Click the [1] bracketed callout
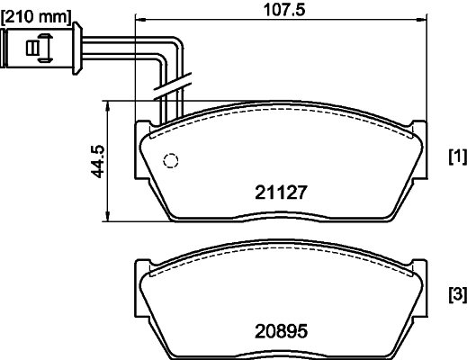(457, 157)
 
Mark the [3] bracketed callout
(457, 294)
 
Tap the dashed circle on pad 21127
(170, 161)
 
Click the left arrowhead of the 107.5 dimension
(139, 19)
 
